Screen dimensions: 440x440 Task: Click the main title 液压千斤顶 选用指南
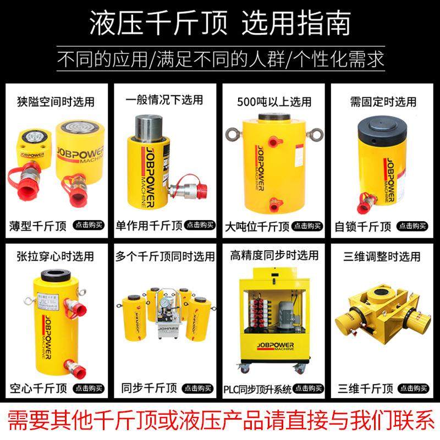click(x=220, y=24)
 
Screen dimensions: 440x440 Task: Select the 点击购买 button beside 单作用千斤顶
click(x=199, y=224)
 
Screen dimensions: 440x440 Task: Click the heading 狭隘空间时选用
click(x=57, y=102)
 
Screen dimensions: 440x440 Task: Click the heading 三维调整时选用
click(x=383, y=256)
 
